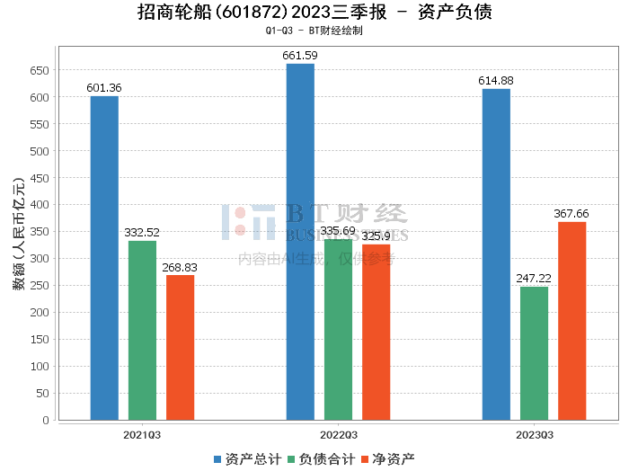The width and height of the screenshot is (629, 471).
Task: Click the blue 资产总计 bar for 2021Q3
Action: pos(104,258)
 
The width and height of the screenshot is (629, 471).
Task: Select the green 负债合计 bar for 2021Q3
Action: pos(142,330)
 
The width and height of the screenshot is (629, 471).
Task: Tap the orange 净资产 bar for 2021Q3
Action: pos(180,347)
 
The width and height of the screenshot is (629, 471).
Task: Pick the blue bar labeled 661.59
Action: pos(300,242)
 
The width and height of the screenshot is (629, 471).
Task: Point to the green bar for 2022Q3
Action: pos(338,329)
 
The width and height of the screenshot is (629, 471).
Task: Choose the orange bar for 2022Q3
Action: pos(376,332)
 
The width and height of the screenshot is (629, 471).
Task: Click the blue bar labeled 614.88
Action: pos(496,254)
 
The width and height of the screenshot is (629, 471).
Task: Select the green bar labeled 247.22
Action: pos(534,353)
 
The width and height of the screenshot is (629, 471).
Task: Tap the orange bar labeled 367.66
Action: pos(571,321)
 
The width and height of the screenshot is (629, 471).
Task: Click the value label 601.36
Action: pos(104,87)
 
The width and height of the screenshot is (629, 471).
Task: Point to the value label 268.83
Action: pos(180,267)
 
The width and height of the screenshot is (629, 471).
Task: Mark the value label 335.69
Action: pos(338,231)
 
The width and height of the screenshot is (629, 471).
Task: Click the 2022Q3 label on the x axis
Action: pos(338,434)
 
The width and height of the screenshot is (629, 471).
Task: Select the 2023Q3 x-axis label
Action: pos(534,434)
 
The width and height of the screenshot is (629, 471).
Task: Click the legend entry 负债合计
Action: pos(320,459)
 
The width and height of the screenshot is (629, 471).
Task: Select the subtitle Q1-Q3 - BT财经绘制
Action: pos(314,31)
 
